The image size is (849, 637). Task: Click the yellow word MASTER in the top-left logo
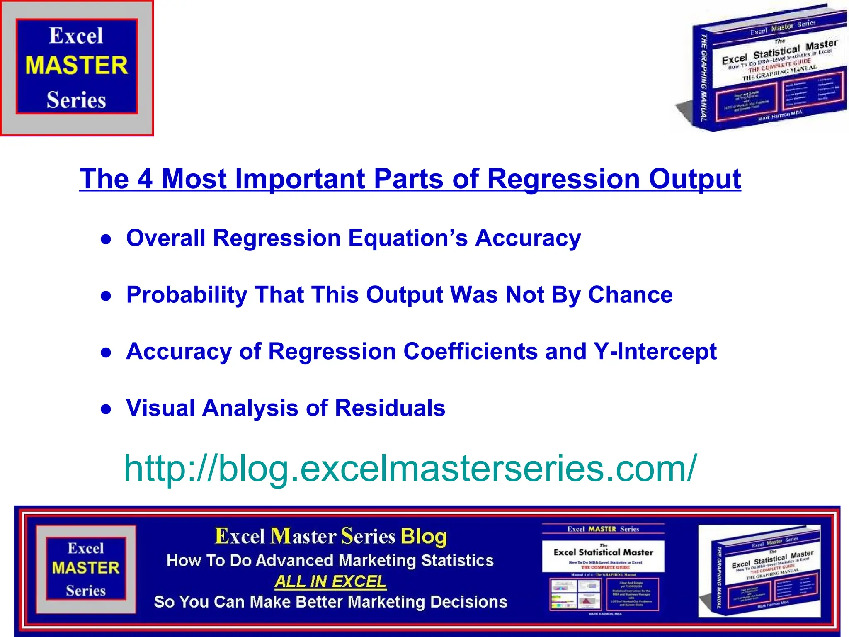coord(77,66)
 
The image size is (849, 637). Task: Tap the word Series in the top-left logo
coord(76,100)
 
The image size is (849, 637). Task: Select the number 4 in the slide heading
coord(145,179)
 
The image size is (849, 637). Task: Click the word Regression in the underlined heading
coord(563,179)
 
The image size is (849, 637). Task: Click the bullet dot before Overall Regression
coord(107,240)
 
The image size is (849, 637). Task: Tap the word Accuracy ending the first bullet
coord(528,238)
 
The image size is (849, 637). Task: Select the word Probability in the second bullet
coord(187,295)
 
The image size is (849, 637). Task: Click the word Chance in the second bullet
coord(630,295)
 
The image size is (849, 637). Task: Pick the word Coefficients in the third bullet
coord(470,351)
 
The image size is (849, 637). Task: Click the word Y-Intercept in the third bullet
coord(655,351)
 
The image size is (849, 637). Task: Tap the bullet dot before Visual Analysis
coord(107,409)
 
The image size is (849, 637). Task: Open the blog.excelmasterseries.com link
coord(410,468)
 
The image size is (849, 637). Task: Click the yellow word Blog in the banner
coord(424,536)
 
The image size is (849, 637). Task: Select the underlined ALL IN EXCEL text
coord(330,581)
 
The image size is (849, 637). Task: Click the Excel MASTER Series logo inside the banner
coord(86,569)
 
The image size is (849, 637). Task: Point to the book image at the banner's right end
coord(759,571)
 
